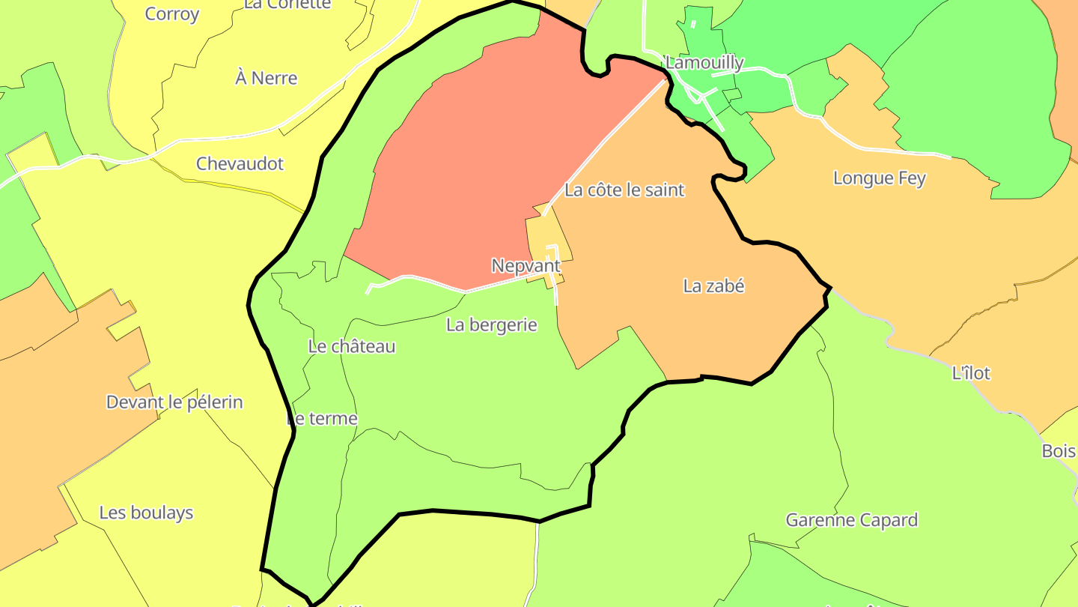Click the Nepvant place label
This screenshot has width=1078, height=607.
point(526,265)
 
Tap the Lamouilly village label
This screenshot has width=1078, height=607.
point(704,63)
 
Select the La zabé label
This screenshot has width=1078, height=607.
point(714,286)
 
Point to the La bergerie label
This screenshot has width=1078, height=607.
point(492,324)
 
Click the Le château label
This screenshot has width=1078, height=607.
point(351,346)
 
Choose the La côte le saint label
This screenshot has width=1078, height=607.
point(624,190)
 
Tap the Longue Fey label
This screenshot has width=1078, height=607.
point(879,178)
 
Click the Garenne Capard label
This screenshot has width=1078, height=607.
point(851,520)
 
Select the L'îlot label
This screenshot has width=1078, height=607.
point(971,372)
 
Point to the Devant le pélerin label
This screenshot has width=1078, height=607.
point(174,402)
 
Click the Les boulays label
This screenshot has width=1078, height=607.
point(146,513)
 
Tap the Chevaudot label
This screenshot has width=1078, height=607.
point(240,163)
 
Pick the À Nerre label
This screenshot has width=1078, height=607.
point(266,78)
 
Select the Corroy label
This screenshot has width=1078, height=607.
point(172,13)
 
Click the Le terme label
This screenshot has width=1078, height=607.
point(323,418)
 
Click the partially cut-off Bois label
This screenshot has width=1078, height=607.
point(1060,451)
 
